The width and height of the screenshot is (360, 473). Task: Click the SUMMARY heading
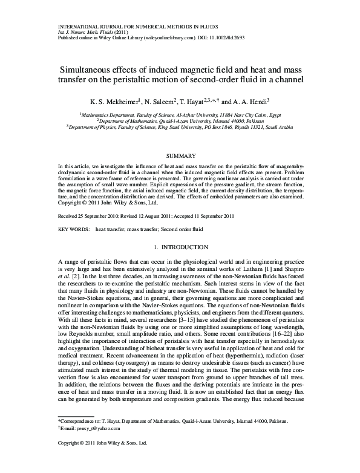(180, 156)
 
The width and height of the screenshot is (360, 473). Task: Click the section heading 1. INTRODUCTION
(180, 247)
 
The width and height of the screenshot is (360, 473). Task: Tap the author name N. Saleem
(159, 102)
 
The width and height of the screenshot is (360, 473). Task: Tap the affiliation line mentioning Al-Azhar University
(180, 114)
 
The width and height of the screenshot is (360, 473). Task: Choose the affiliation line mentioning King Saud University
(180, 128)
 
